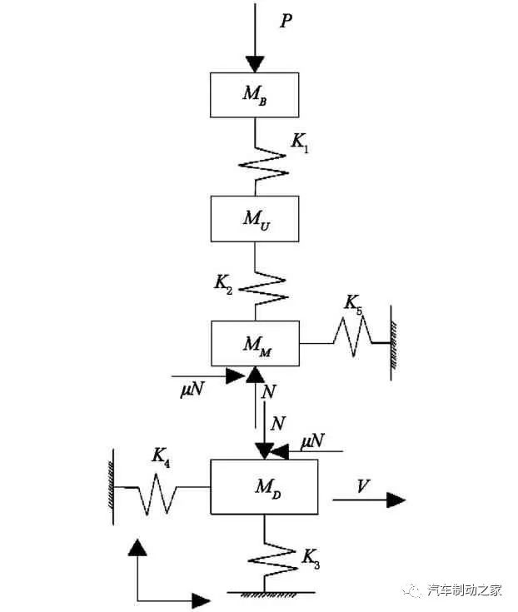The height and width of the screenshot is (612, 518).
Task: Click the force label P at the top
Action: (286, 21)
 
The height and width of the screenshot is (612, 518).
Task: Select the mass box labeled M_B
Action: (254, 94)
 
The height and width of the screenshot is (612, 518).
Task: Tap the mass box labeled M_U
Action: (254, 218)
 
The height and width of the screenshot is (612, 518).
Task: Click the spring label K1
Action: (297, 142)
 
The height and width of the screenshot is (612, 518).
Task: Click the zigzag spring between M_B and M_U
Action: (263, 163)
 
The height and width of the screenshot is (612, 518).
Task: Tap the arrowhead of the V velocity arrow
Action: (396, 500)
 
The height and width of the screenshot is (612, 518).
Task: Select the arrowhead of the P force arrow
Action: (254, 64)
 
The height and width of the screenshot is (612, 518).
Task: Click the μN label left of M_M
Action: (192, 390)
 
